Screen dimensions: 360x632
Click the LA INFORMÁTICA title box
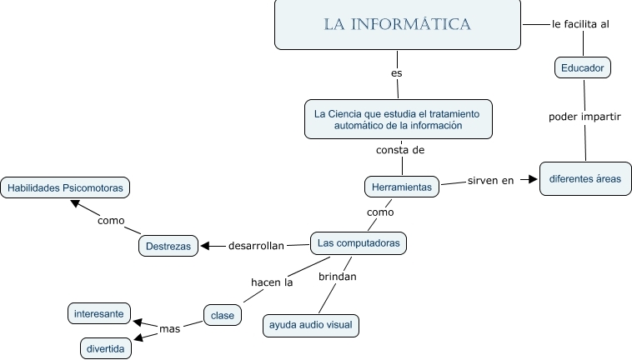[398, 24]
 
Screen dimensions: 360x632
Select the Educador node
[582, 67]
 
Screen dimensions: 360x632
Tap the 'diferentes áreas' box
[584, 178]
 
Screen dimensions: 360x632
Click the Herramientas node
[401, 187]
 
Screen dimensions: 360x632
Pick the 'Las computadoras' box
[359, 243]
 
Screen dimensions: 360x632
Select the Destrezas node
[168, 246]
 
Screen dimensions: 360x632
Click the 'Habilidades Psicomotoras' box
[65, 188]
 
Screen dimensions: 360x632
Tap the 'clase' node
[223, 315]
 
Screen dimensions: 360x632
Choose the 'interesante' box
[99, 314]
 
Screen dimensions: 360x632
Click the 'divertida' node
[106, 347]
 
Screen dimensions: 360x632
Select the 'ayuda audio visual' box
[311, 325]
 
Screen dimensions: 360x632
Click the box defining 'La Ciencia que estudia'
[398, 118]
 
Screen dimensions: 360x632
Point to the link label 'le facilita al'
[580, 24]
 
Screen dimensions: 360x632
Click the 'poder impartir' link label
[584, 116]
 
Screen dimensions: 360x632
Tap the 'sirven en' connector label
[490, 180]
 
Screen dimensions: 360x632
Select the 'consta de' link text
[400, 151]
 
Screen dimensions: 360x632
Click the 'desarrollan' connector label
[257, 246]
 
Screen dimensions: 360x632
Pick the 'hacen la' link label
[272, 282]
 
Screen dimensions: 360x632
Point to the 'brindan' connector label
[338, 276]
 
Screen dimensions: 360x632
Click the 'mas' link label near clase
[170, 329]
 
